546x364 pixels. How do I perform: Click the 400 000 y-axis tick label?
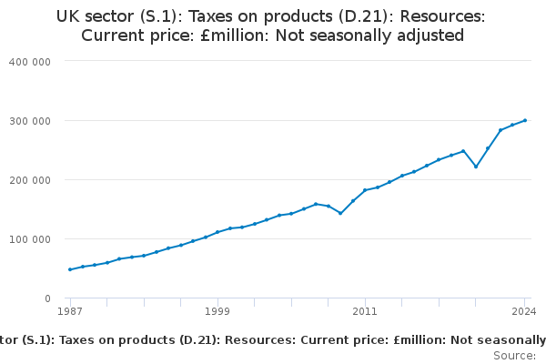coord(31,61)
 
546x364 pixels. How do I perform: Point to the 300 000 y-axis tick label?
coord(31,120)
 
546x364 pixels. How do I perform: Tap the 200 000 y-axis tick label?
coord(31,179)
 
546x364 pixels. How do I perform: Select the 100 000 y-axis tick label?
coord(31,238)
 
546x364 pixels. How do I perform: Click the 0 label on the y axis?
coord(46,298)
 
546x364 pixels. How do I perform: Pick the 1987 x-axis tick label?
coord(70,312)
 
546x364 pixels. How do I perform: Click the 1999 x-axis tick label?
coord(217,312)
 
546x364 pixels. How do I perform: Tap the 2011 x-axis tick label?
coord(365,312)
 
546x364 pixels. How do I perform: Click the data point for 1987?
coord(70,269)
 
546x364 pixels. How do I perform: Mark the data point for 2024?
coord(525,120)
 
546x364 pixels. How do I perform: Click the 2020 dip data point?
coord(476,167)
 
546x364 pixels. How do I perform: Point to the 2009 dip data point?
coord(340,213)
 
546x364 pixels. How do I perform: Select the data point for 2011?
coord(365,190)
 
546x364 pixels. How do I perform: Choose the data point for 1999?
coord(217,232)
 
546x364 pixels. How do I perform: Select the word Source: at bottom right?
coord(514,356)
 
